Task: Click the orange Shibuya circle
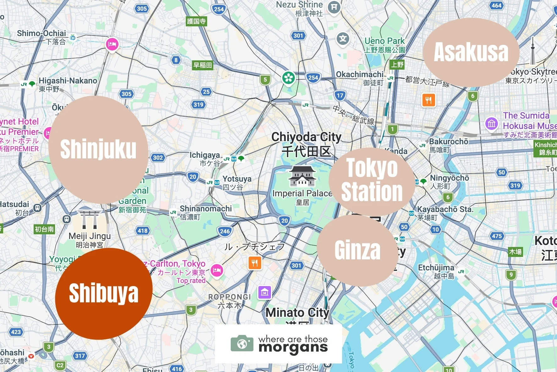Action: tap(103, 294)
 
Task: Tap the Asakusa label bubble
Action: tap(471, 52)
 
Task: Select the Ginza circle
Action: tap(357, 250)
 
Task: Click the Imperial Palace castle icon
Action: tap(302, 176)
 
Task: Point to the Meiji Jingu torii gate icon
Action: tap(90, 219)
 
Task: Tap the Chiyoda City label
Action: tap(306, 137)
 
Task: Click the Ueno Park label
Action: tap(384, 41)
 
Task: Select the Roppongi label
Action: tap(229, 297)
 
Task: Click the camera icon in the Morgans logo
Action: tap(242, 344)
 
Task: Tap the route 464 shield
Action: tap(496, 5)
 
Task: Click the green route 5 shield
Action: tap(265, 80)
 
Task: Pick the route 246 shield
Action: tap(225, 231)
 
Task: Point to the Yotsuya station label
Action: tap(237, 179)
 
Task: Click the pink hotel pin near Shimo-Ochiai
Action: tap(112, 44)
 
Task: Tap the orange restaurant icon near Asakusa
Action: tap(428, 100)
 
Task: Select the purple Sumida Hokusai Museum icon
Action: tap(492, 124)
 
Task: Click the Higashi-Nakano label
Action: tap(68, 81)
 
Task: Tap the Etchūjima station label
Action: tap(436, 268)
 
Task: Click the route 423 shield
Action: tap(16, 332)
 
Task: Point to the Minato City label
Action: tap(297, 313)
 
